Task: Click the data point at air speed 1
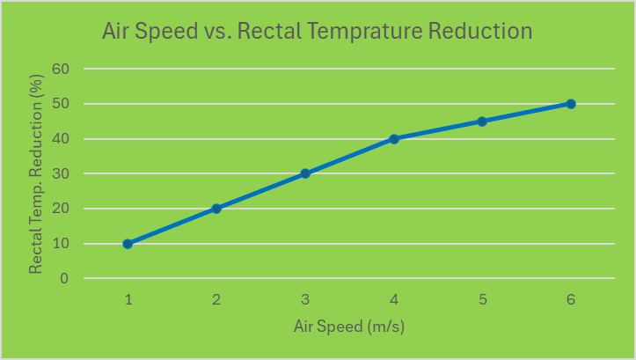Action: (x=128, y=244)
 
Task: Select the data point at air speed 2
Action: (x=216, y=209)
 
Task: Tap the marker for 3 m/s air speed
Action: (x=305, y=173)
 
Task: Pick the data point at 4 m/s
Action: (x=394, y=139)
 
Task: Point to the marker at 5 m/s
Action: (x=482, y=121)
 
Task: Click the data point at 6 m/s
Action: (x=571, y=104)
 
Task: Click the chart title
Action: (x=317, y=32)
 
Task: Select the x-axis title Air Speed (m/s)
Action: (x=349, y=327)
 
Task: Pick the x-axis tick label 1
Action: (x=128, y=299)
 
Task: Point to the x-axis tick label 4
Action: (x=394, y=299)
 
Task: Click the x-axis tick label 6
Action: (x=571, y=299)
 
